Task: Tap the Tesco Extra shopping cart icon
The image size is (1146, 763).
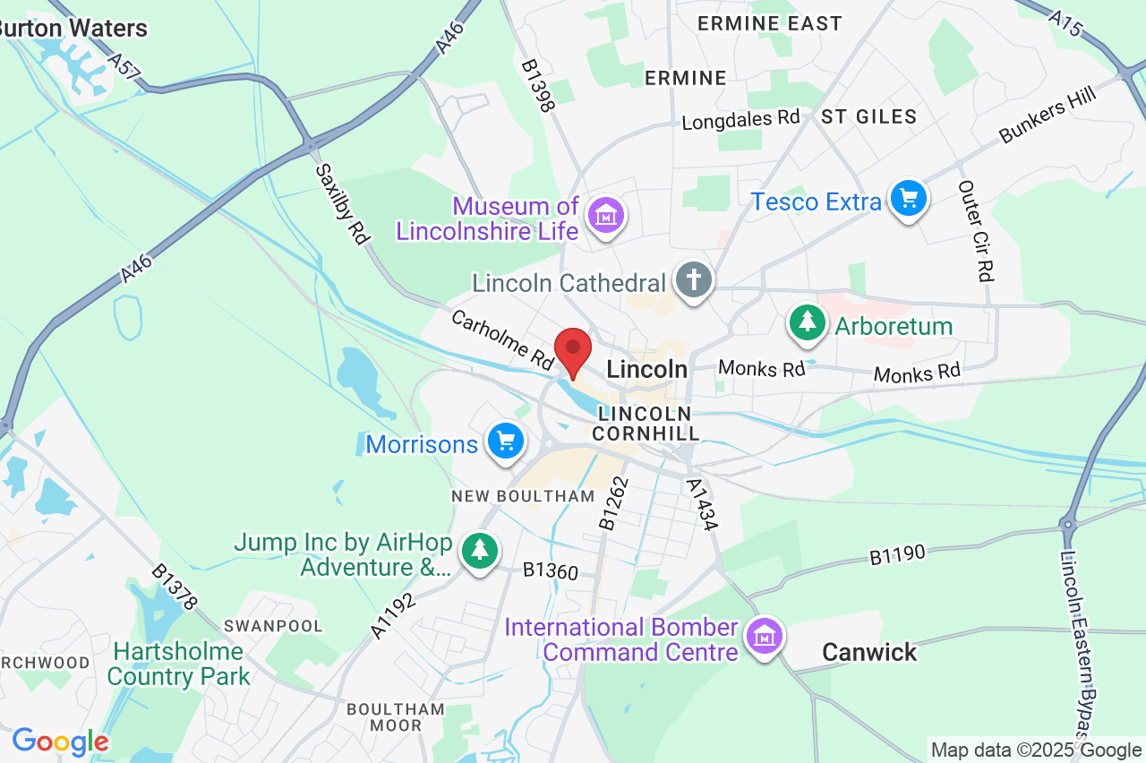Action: [x=908, y=198]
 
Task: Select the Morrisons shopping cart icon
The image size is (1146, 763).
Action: [x=506, y=441]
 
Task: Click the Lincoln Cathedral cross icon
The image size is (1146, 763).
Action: [x=693, y=279]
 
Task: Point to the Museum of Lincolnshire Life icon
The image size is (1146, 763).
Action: [x=606, y=215]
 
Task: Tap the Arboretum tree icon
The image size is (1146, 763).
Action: [x=808, y=322]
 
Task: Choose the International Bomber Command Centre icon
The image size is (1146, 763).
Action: [x=765, y=637]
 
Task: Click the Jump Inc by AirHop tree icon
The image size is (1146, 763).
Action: [x=481, y=550]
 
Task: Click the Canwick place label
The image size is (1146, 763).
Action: [x=869, y=652]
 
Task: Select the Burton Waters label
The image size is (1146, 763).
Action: [x=73, y=28]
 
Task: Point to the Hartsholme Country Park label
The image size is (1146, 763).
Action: [x=178, y=664]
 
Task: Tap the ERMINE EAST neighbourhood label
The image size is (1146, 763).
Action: [x=770, y=23]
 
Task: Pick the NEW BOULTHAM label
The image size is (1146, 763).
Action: [x=523, y=496]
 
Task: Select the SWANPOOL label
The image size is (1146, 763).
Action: [x=273, y=625]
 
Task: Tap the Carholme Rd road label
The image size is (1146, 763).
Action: [x=502, y=339]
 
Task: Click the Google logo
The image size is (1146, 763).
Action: [x=61, y=742]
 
